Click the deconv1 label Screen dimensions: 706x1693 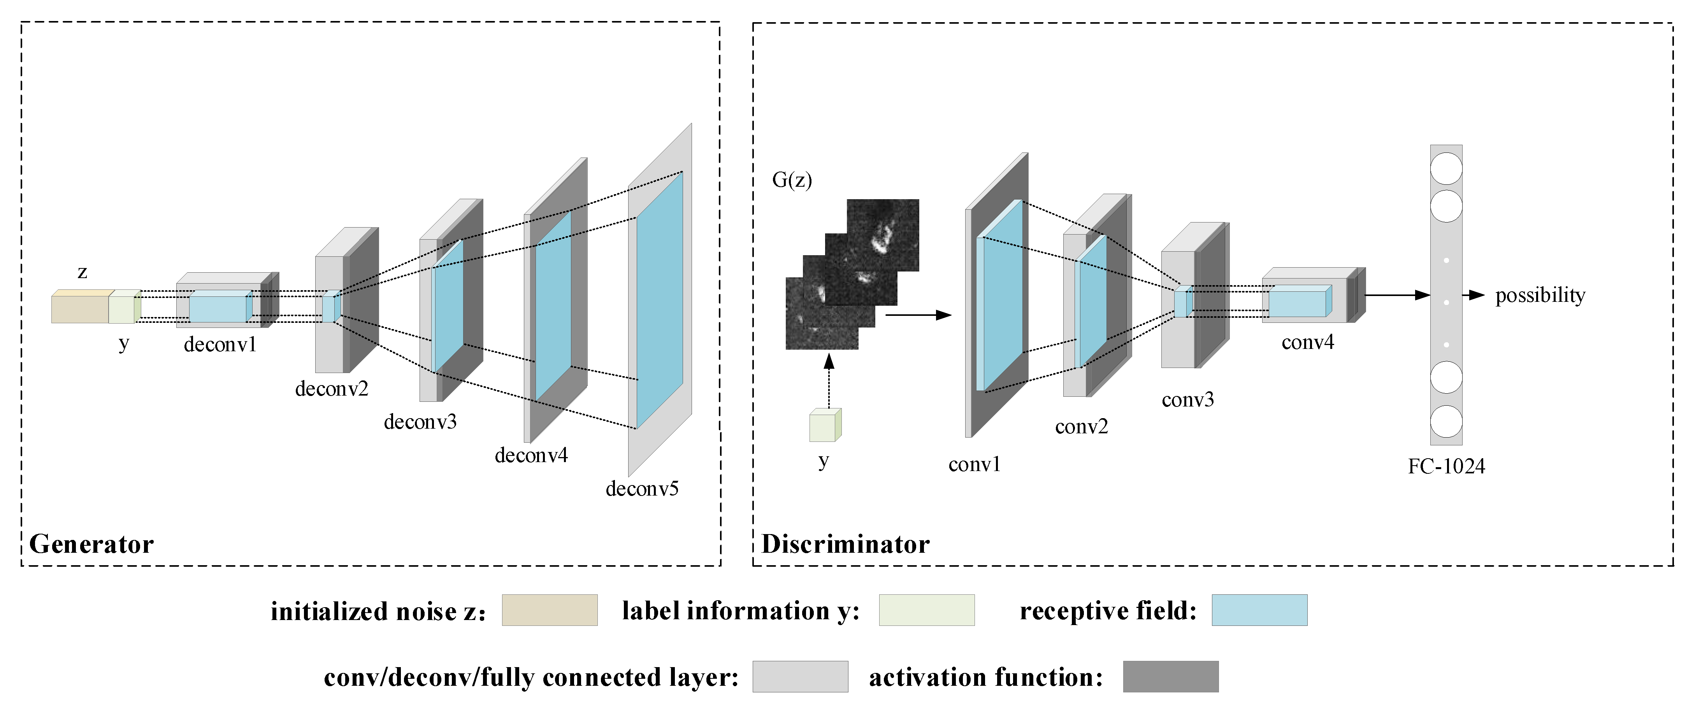pos(220,345)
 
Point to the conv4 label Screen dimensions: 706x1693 pos(1307,342)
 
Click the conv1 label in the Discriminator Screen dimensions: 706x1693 pos(974,465)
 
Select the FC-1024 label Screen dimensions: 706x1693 pos(1446,466)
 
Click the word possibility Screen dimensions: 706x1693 pos(1540,296)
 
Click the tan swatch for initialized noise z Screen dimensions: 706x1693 pos(550,610)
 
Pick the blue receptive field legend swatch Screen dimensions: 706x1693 pos(1259,610)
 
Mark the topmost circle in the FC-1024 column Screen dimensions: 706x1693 pos(1446,169)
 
